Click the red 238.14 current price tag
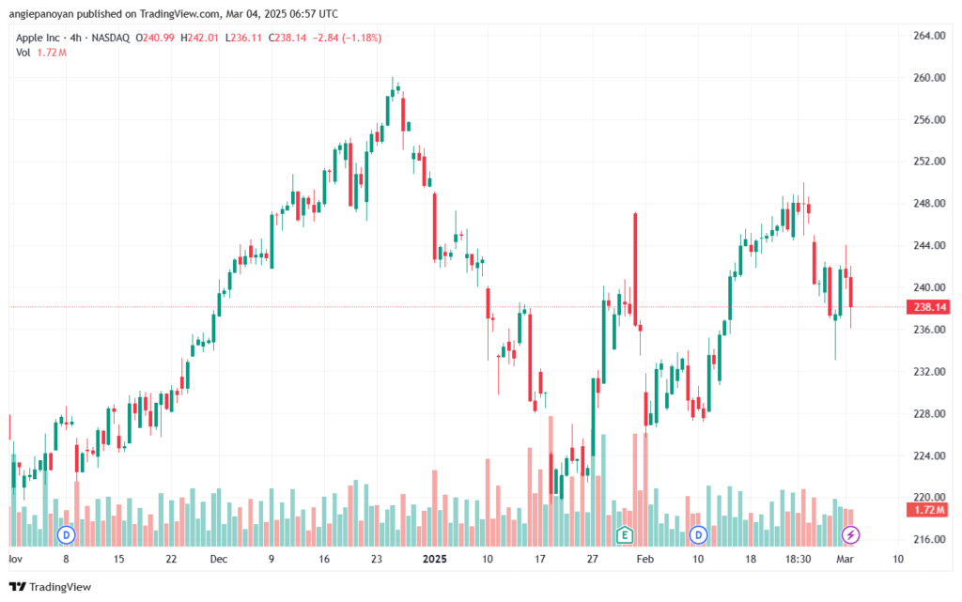(x=929, y=307)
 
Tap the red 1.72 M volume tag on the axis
(x=929, y=510)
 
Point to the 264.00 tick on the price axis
(x=929, y=36)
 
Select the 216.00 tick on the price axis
(x=929, y=539)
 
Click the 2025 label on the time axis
(x=435, y=559)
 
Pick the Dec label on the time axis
(x=218, y=559)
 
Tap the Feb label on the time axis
(x=644, y=559)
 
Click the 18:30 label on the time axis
(x=799, y=559)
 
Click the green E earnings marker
(x=625, y=535)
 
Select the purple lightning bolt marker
(x=850, y=535)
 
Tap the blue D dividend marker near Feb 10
(x=698, y=535)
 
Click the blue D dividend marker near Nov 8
(x=67, y=535)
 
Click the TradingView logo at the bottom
(x=51, y=587)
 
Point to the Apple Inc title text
(x=38, y=38)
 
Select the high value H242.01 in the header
(x=199, y=38)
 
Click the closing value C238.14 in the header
(x=287, y=38)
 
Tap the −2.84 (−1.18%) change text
(x=348, y=38)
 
